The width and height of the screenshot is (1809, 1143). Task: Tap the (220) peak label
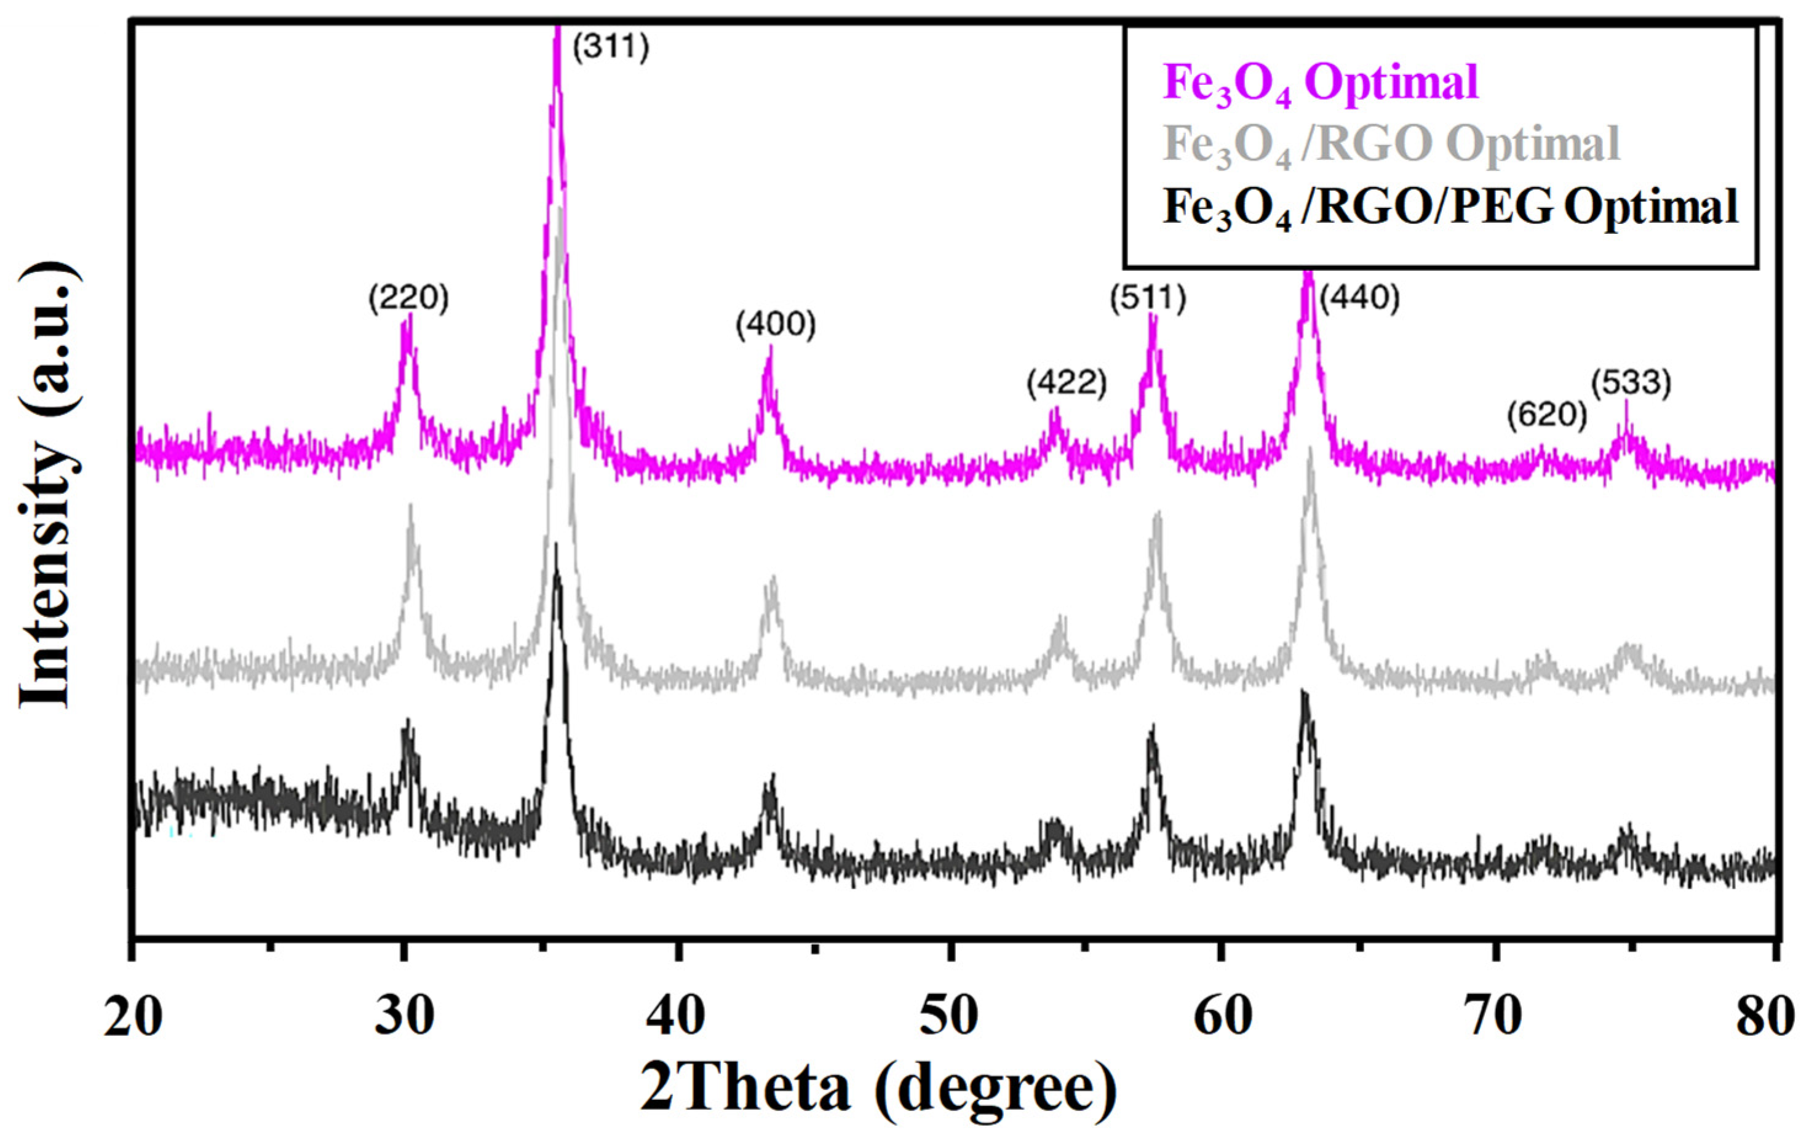pos(408,298)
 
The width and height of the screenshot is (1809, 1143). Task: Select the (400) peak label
pos(775,325)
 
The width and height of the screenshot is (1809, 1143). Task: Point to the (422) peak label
pos(1067,383)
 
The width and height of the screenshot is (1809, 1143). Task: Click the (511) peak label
pos(1148,298)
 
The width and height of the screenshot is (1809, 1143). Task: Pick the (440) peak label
pos(1360,298)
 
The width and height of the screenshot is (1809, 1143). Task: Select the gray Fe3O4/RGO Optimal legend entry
pos(1391,145)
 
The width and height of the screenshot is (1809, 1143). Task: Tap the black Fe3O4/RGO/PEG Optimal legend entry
pos(1450,207)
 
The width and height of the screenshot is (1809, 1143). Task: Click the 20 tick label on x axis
pos(133,1016)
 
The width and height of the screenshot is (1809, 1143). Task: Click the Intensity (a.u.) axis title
pos(47,485)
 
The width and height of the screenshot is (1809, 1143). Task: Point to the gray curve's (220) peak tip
pos(410,506)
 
